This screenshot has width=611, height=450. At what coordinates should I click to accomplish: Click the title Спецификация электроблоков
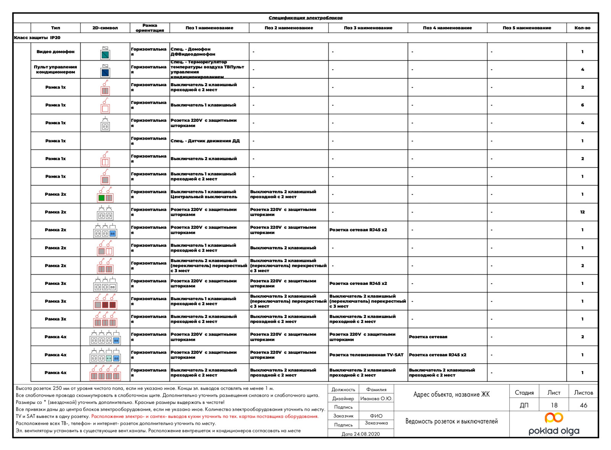point(305,18)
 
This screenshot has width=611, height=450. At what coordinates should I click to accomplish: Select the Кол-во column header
point(582,28)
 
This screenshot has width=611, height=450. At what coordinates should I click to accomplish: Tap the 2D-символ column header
point(105,28)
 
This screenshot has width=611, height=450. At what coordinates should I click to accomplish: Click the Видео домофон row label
point(55,51)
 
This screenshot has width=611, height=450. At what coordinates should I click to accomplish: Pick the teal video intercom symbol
point(105,55)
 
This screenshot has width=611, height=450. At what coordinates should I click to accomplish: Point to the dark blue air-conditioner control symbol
point(105,72)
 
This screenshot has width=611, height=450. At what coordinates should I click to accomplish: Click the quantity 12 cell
point(582,212)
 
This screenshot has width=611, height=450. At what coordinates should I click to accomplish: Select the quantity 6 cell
point(582,105)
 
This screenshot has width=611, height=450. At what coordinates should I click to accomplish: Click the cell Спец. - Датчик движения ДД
point(205,141)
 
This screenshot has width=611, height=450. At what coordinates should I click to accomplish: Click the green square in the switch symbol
point(102,198)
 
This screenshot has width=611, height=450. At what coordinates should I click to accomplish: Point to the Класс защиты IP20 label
point(37,38)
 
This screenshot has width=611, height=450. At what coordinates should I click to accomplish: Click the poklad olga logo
point(554,424)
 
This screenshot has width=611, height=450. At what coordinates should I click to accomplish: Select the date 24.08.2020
point(360,434)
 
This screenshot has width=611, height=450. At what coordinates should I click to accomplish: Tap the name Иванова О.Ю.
point(376,399)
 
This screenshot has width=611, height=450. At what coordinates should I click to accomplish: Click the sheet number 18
point(554,405)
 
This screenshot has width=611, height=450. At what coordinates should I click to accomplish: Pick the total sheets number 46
point(583,405)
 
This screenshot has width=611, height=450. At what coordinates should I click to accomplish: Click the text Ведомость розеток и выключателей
point(451,421)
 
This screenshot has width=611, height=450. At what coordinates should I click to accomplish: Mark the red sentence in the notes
point(205,416)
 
